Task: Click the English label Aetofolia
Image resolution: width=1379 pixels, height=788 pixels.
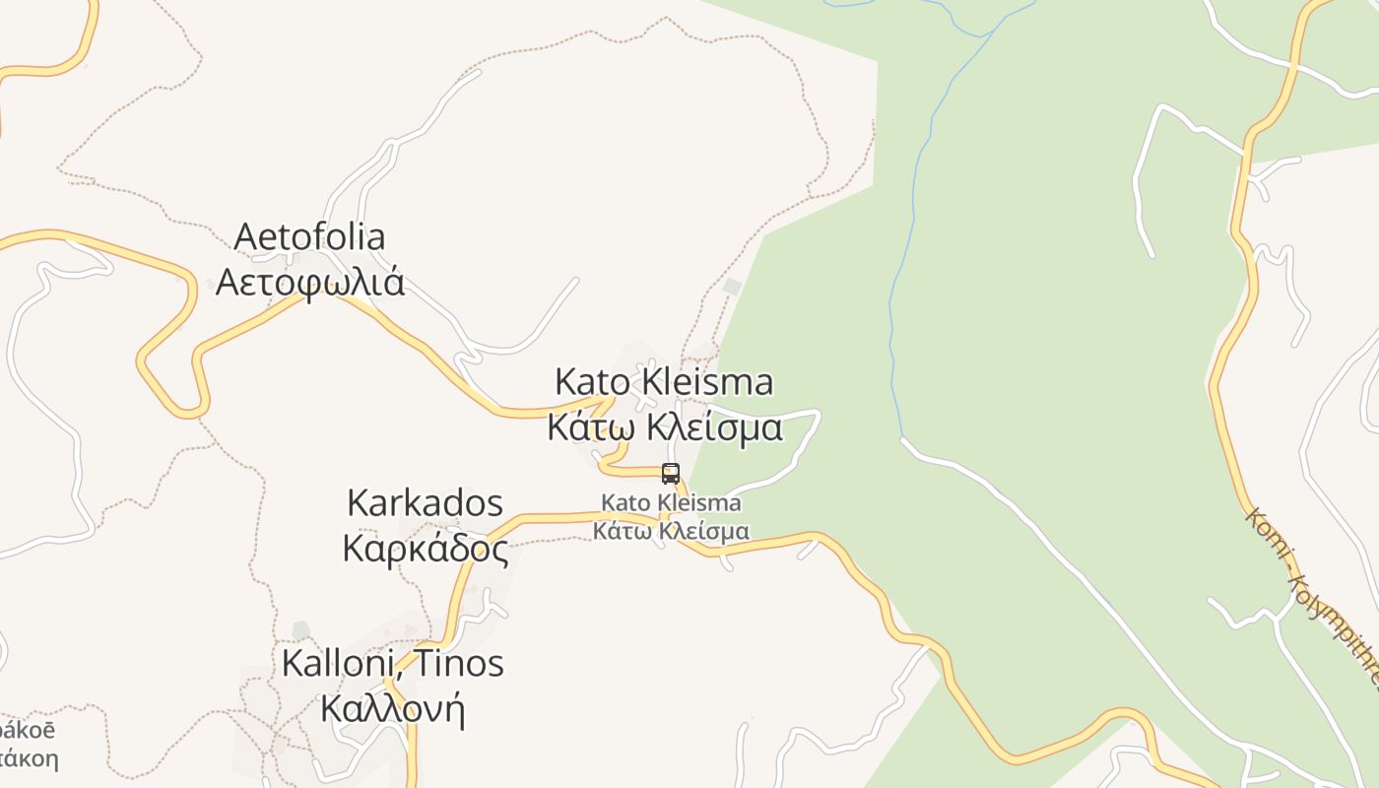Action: pos(309,237)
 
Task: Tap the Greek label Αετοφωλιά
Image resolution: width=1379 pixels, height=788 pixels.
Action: pos(309,282)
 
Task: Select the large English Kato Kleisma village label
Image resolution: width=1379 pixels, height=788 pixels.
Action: pos(664,381)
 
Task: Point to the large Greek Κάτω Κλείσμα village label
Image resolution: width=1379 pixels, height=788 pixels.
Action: pos(665,427)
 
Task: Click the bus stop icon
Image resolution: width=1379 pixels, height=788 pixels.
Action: pos(671,474)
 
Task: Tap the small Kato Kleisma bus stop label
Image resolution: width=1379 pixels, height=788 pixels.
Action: pos(671,503)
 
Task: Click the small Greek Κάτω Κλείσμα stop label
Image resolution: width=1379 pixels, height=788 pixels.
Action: pos(671,531)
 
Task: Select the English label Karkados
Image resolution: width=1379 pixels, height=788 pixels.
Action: pos(425,503)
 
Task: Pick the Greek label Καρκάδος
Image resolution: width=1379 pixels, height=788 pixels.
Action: pos(425,549)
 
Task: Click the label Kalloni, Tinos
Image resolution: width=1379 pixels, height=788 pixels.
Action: pos(392,663)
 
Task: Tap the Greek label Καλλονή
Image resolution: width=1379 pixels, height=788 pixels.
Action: pos(392,708)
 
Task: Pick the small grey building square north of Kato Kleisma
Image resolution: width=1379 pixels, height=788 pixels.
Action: pos(731,286)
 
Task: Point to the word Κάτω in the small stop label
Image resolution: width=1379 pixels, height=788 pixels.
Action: pos(622,531)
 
